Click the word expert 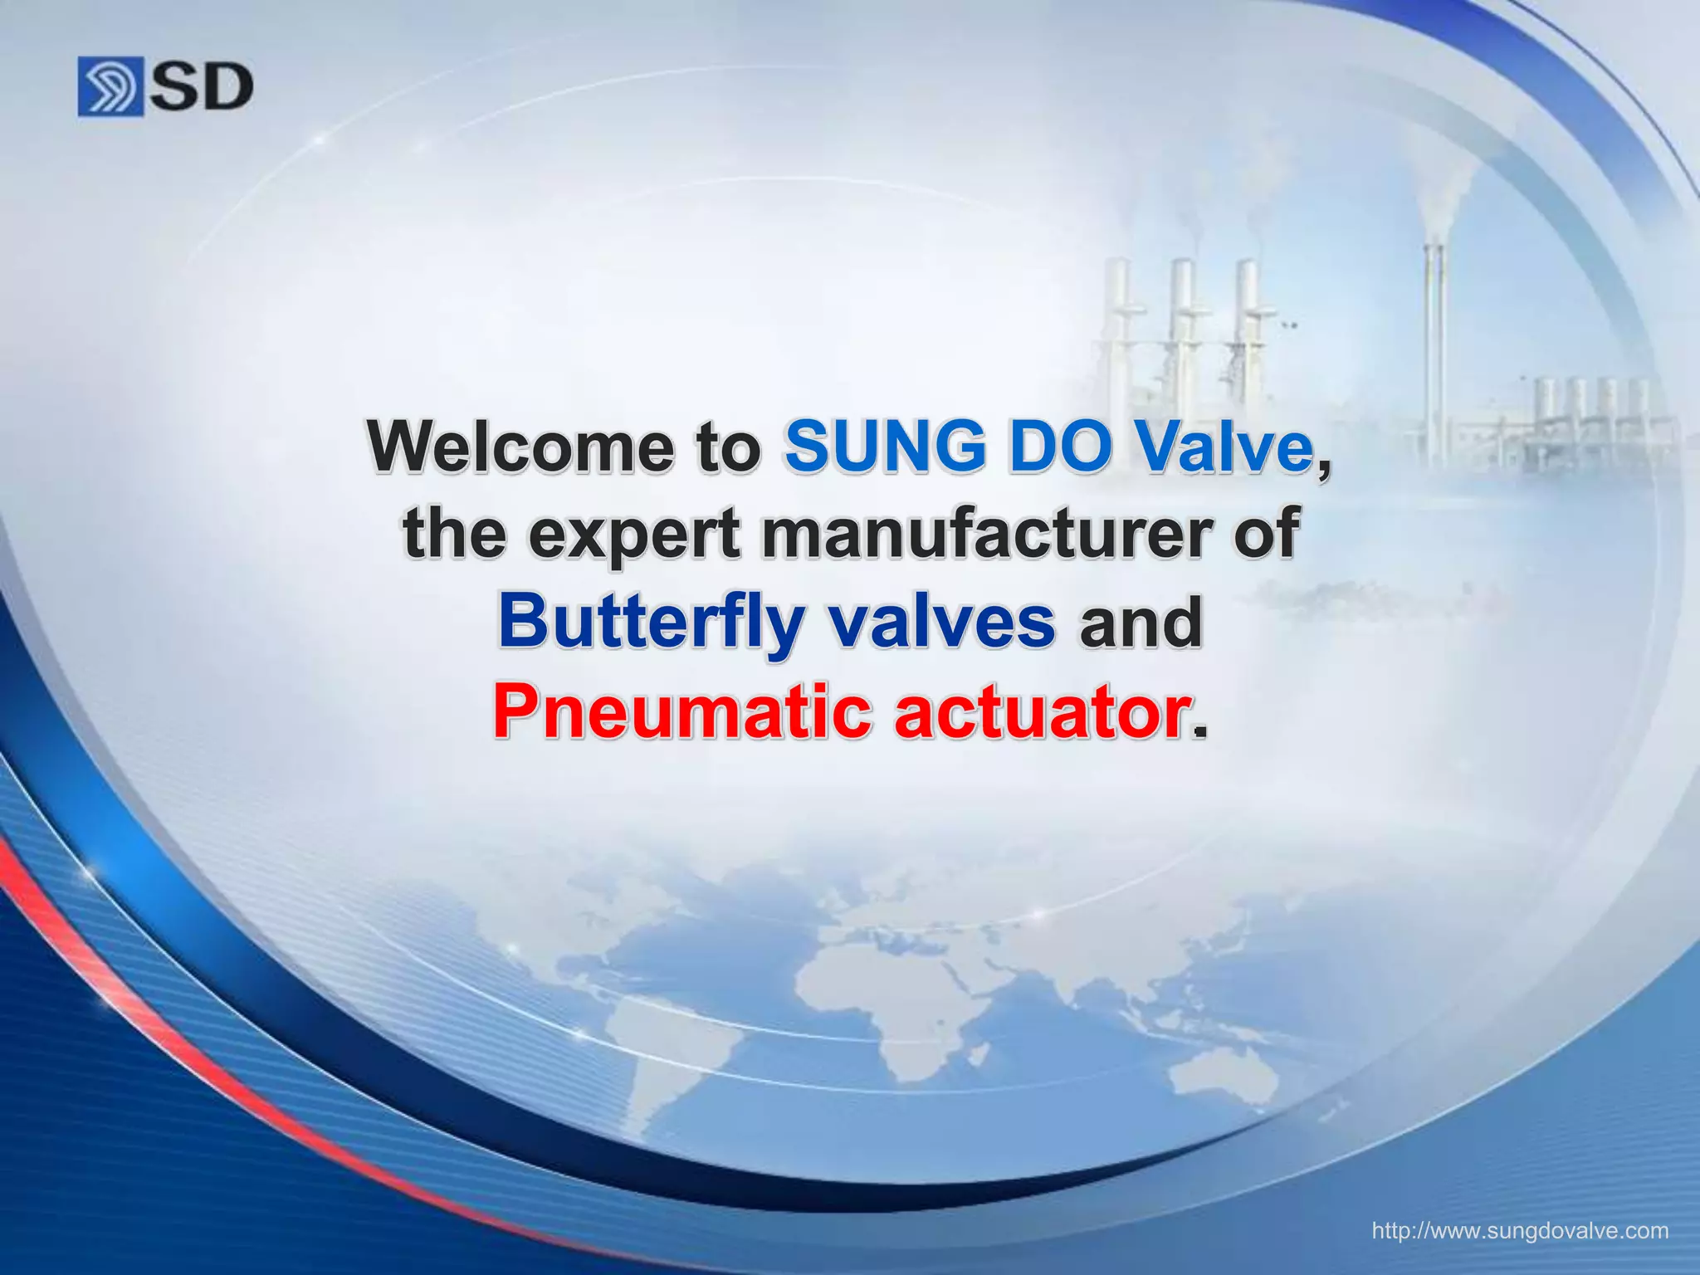point(634,535)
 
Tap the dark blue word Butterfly point(650,624)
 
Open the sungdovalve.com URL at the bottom point(1520,1230)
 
